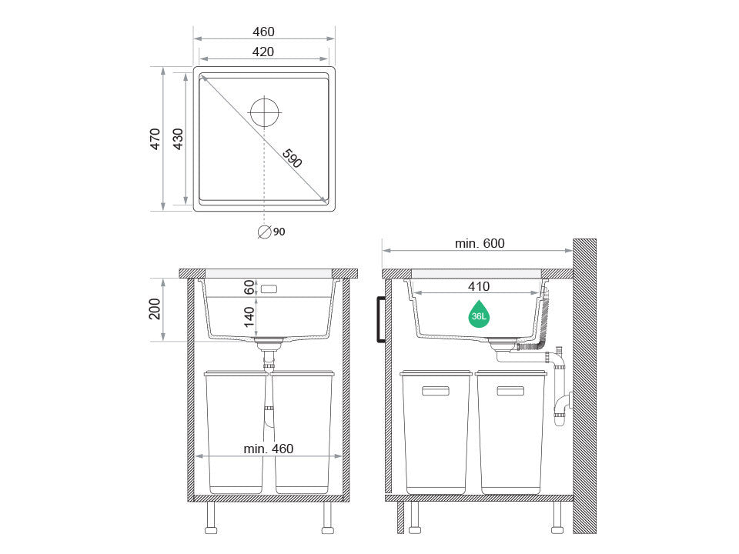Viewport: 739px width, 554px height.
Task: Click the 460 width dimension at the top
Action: pos(263,32)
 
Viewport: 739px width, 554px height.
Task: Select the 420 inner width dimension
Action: pos(263,52)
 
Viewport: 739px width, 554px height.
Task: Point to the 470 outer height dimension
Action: pos(155,139)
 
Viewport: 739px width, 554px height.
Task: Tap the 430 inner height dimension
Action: pos(178,139)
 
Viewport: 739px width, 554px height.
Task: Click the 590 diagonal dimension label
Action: pos(293,159)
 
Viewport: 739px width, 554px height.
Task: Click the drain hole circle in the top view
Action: pos(264,112)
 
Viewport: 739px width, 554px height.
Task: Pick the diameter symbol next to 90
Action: pos(264,232)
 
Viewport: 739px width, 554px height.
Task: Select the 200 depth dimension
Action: pos(155,309)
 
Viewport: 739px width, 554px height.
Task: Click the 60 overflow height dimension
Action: pos(249,287)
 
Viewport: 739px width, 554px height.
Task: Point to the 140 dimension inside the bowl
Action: pos(249,316)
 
